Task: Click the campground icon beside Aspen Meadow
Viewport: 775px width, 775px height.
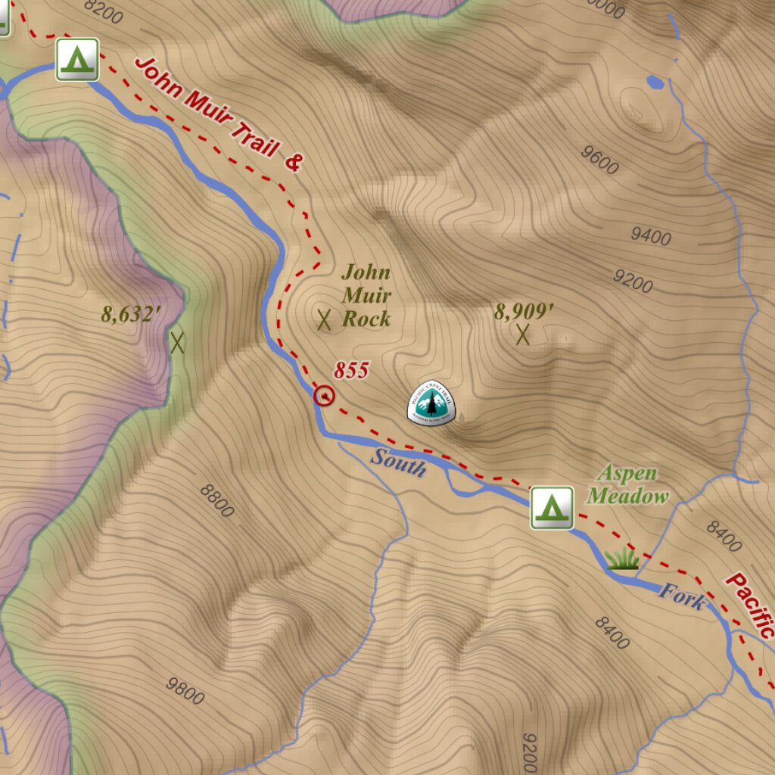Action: [552, 507]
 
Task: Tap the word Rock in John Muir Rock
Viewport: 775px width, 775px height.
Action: [366, 319]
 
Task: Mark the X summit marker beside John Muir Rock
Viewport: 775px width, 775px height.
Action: [325, 320]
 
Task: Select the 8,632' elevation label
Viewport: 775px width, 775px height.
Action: [128, 314]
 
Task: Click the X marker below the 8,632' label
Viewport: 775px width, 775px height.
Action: [178, 343]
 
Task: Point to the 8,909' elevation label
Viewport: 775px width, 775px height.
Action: [524, 311]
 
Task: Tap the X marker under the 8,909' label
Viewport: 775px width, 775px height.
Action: [522, 334]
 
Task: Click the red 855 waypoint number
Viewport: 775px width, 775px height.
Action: [351, 370]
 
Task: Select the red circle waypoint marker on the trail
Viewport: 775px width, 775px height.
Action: [324, 395]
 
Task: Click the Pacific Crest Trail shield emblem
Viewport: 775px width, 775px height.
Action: [431, 403]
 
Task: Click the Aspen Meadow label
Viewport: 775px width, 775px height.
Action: [628, 485]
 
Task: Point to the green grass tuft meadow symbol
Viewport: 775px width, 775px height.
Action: [621, 559]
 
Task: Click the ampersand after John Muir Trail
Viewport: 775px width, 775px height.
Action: [293, 161]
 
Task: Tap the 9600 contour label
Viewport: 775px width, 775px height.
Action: [599, 159]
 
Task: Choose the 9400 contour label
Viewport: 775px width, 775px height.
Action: [650, 236]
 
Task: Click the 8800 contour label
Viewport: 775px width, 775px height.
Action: [217, 500]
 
